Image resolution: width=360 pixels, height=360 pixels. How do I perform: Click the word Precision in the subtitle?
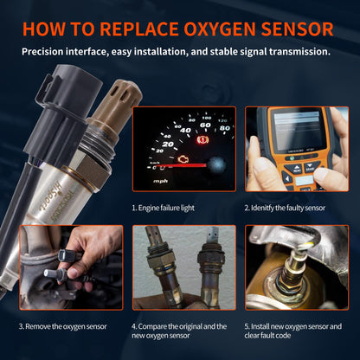tap(48, 52)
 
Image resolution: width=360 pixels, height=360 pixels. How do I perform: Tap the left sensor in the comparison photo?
tap(159, 268)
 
